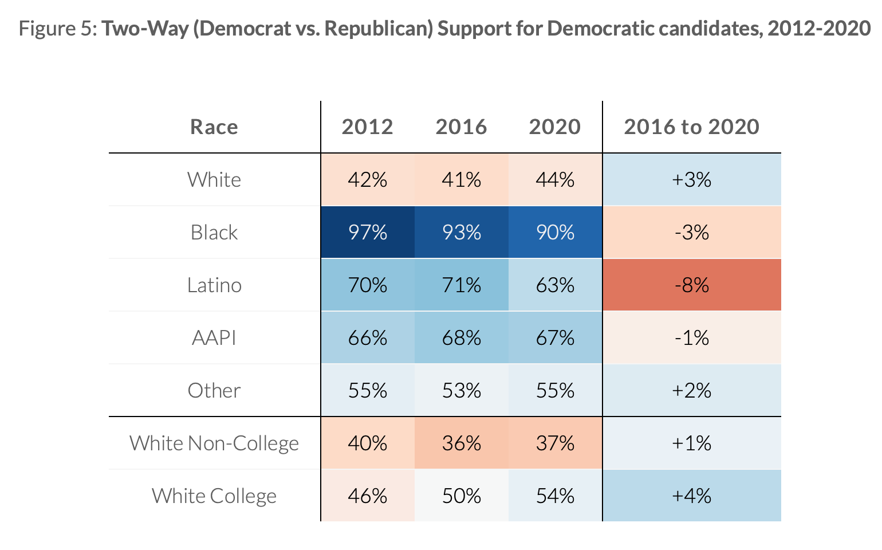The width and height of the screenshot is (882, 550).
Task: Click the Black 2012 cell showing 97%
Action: point(368,232)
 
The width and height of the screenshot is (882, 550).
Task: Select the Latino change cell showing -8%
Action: point(692,285)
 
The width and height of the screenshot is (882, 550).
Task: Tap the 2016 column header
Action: point(461,127)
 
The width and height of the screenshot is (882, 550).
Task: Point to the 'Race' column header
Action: point(214,127)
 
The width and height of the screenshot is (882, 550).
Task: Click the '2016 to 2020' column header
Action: point(692,127)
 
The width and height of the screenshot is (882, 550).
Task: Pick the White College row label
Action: point(214,496)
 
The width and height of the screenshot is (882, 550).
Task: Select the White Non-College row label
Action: point(214,443)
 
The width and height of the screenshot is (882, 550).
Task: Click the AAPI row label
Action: point(214,337)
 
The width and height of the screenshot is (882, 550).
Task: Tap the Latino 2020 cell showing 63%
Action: point(555,285)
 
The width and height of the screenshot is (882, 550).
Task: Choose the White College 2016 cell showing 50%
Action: point(461,496)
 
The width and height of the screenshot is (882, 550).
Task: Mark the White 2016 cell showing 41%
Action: point(461,179)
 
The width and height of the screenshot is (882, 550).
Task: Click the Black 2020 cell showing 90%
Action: point(555,232)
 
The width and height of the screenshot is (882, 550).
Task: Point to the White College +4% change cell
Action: point(692,496)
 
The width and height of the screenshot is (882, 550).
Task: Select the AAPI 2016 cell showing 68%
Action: point(461,337)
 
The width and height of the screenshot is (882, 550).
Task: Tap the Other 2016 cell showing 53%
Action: point(461,390)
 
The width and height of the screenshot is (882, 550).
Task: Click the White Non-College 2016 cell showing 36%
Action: point(461,443)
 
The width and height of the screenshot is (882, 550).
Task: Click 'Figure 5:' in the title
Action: point(58,28)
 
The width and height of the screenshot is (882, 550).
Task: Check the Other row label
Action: point(214,390)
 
